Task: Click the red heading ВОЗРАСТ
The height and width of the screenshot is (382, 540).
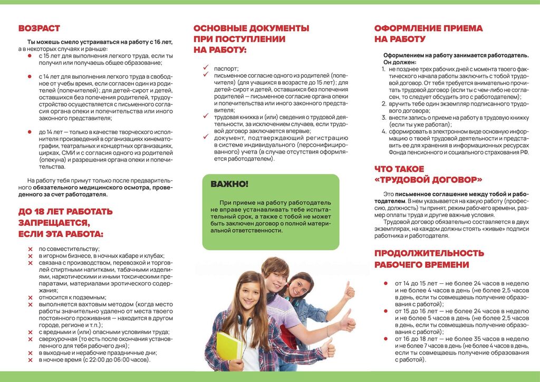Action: [39, 28]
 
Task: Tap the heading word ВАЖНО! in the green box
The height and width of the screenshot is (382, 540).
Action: [229, 184]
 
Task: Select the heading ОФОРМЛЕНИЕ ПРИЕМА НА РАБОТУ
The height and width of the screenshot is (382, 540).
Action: [428, 34]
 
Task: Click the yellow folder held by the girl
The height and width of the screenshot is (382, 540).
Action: [229, 346]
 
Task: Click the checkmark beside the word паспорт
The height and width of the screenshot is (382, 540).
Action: [206, 68]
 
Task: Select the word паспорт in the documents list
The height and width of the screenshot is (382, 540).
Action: [226, 69]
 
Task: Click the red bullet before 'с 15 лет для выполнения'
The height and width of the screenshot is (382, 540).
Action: [30, 55]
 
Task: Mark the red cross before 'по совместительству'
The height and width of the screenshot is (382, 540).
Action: [30, 249]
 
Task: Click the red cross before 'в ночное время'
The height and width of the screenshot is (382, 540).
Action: [30, 360]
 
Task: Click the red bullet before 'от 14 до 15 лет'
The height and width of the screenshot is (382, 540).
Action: [387, 283]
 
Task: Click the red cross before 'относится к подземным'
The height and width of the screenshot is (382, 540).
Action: [30, 297]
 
